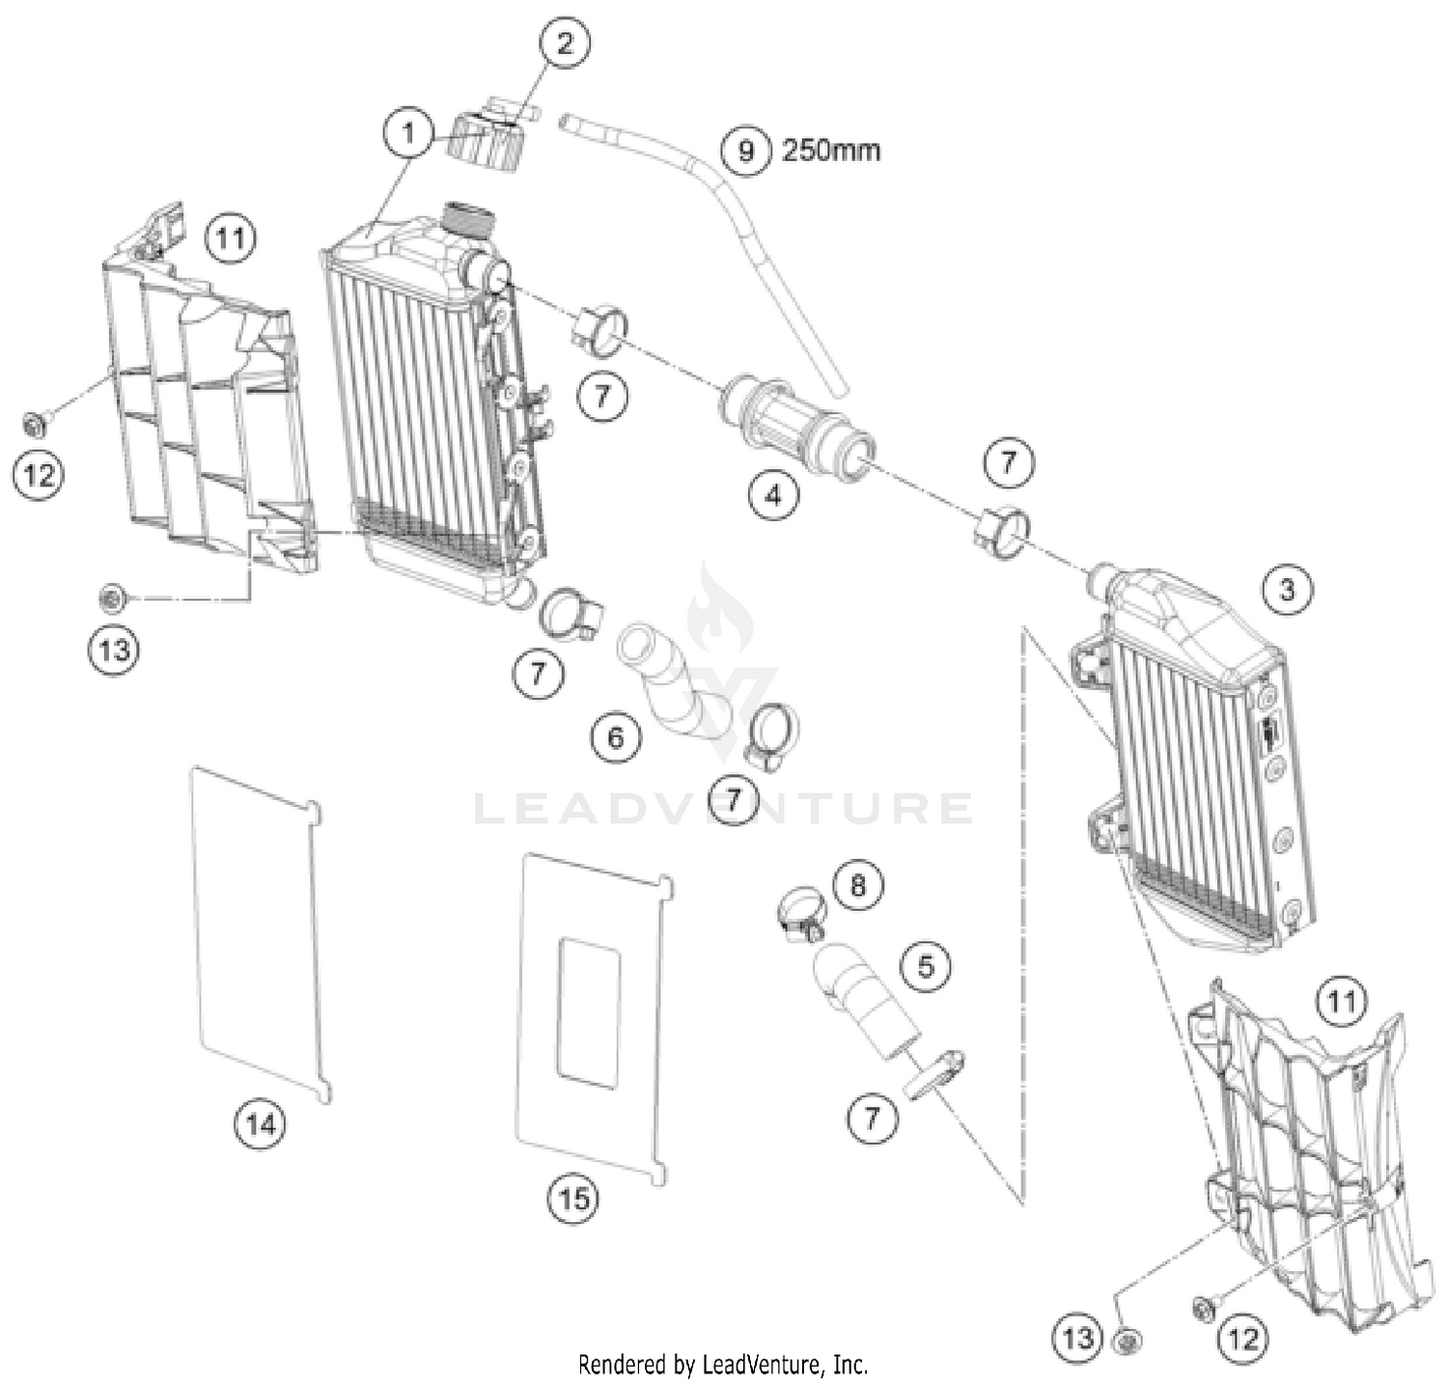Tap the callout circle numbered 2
(x=564, y=42)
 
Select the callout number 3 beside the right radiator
(x=1287, y=588)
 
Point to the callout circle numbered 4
(x=773, y=495)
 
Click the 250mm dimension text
(x=830, y=151)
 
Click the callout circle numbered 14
(x=261, y=1123)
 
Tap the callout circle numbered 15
(x=573, y=1199)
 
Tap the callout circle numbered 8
(x=857, y=884)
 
